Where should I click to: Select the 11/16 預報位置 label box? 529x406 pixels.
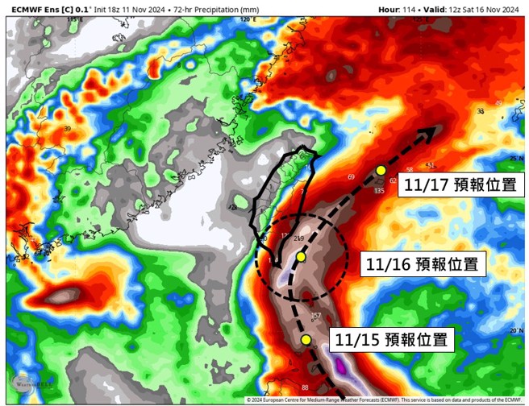click(x=423, y=264)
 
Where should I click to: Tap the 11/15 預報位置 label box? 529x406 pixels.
click(x=390, y=338)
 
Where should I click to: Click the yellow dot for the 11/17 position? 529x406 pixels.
click(x=381, y=170)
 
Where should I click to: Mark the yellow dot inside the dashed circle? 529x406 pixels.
click(x=300, y=256)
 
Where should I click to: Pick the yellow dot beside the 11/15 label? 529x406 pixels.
click(x=306, y=340)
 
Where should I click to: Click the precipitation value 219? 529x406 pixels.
click(x=299, y=238)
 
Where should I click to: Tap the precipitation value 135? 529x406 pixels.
click(x=379, y=191)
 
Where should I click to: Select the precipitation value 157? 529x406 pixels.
click(x=315, y=315)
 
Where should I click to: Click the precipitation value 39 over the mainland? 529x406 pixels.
click(x=68, y=129)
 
